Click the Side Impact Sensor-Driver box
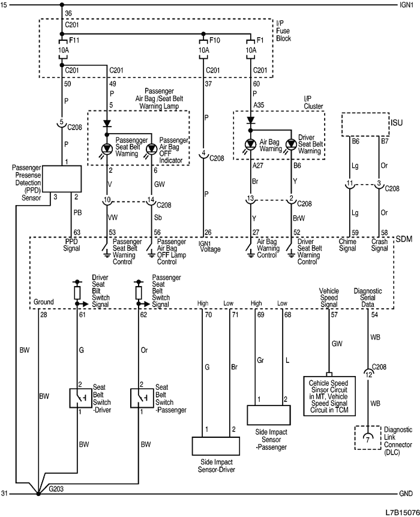215,447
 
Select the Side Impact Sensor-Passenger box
272,414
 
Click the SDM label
403,239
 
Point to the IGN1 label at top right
406,5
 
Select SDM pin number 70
208,314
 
